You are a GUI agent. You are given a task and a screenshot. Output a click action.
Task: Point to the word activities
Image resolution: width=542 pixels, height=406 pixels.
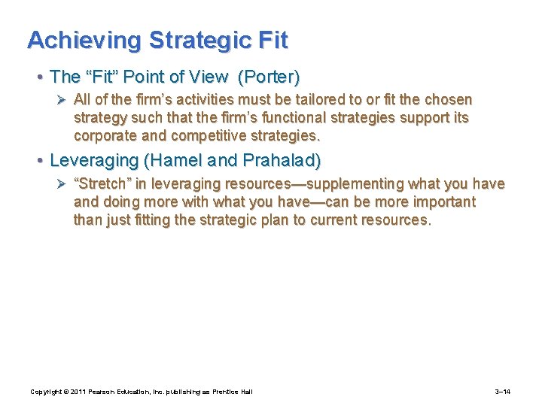pyautogui.click(x=202, y=100)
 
